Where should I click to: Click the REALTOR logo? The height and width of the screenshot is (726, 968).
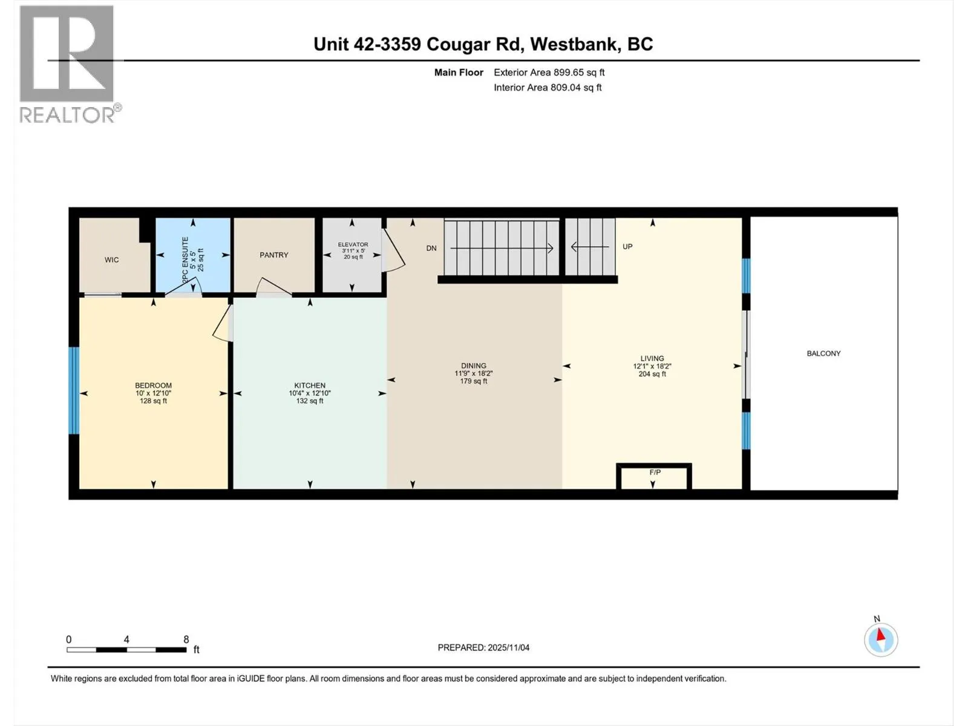[69, 64]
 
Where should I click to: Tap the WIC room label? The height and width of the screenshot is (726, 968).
[111, 260]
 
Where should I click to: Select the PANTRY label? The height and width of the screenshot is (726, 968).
[274, 255]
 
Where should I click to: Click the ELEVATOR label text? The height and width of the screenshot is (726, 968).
[353, 244]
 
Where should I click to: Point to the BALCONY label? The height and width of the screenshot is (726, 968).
[824, 353]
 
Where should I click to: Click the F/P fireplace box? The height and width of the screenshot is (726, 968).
[654, 477]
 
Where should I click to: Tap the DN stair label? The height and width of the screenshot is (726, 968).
[431, 248]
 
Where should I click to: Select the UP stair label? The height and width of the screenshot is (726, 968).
[627, 246]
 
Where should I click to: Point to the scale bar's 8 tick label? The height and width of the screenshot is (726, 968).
[186, 639]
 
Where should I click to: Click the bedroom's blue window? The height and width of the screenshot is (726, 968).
[74, 391]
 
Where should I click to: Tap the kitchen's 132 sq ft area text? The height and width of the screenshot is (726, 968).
[310, 401]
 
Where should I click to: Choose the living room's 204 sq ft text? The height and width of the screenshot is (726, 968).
[652, 374]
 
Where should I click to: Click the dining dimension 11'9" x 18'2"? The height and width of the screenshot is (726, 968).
[474, 373]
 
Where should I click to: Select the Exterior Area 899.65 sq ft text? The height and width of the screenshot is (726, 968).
[549, 72]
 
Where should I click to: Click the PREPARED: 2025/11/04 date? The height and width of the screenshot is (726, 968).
[483, 647]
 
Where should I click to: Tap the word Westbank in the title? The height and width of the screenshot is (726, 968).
[573, 44]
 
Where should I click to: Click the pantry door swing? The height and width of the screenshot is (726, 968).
[273, 287]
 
